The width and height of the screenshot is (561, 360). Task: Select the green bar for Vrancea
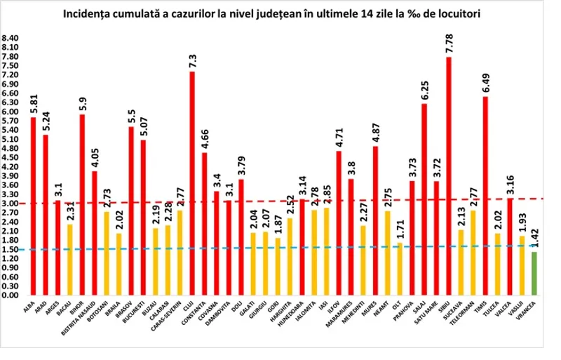tap(534, 274)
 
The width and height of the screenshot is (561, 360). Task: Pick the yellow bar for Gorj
tap(278, 267)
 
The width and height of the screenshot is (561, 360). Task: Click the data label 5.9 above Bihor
tap(82, 102)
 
